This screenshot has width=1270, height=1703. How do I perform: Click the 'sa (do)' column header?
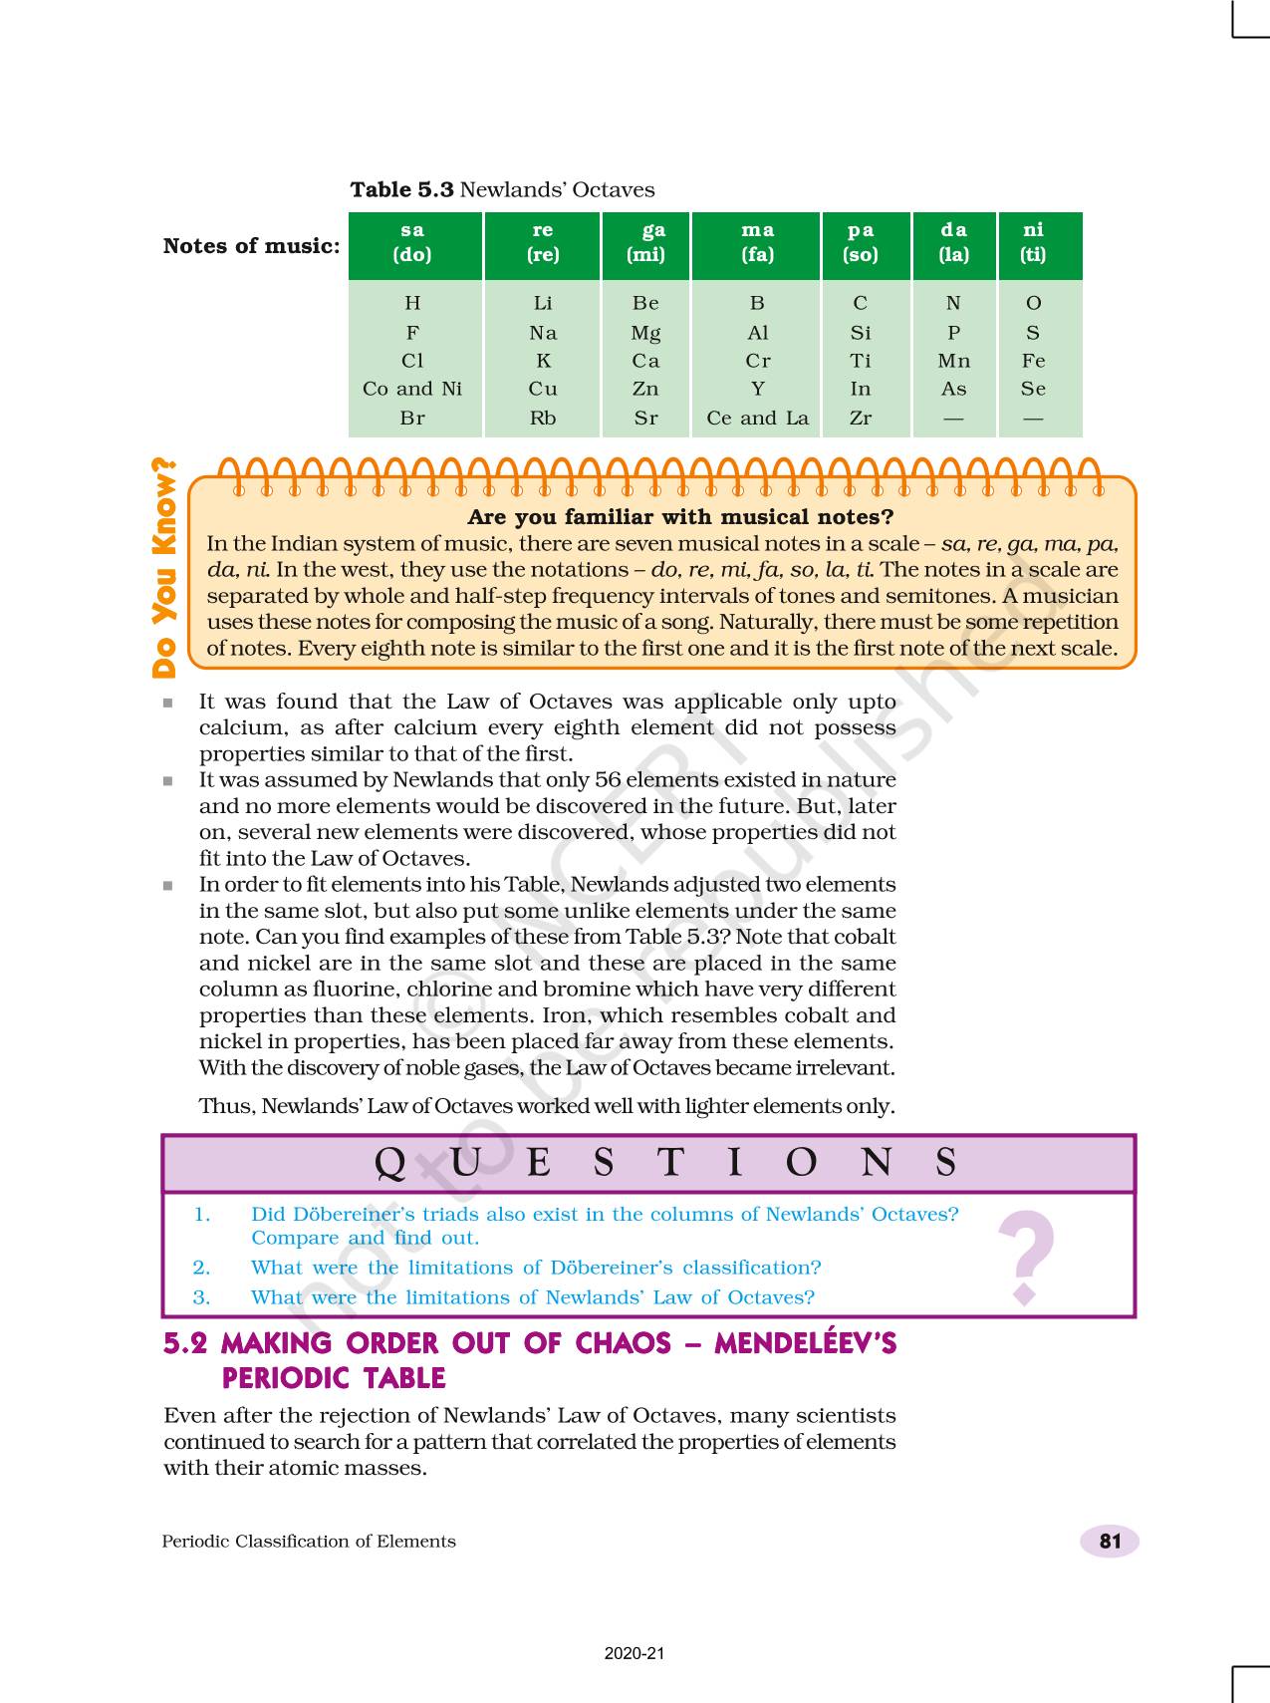[x=412, y=243]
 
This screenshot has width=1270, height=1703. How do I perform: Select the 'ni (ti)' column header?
[x=1034, y=243]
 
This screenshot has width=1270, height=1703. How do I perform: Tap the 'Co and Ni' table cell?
[x=412, y=390]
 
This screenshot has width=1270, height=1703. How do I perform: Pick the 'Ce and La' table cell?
[x=757, y=419]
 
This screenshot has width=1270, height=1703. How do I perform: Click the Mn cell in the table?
[x=953, y=362]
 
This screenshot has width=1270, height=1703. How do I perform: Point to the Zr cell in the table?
[x=861, y=419]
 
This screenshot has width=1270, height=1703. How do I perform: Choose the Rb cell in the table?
[x=543, y=419]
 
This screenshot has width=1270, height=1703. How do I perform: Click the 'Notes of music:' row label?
[x=251, y=246]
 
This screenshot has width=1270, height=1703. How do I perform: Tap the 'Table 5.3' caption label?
[x=401, y=190]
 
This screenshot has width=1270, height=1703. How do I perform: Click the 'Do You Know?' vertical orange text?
[x=163, y=568]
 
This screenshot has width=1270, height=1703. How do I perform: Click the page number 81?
[x=1110, y=1542]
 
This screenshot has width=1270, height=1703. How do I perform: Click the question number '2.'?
[x=202, y=1269]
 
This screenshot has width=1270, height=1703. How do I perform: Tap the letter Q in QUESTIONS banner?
[x=390, y=1163]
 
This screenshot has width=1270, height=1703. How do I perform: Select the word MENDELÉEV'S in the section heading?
[x=805, y=1344]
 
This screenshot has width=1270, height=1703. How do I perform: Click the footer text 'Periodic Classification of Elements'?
[x=309, y=1542]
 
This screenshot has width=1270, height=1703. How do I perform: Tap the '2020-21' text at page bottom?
[x=635, y=1653]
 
